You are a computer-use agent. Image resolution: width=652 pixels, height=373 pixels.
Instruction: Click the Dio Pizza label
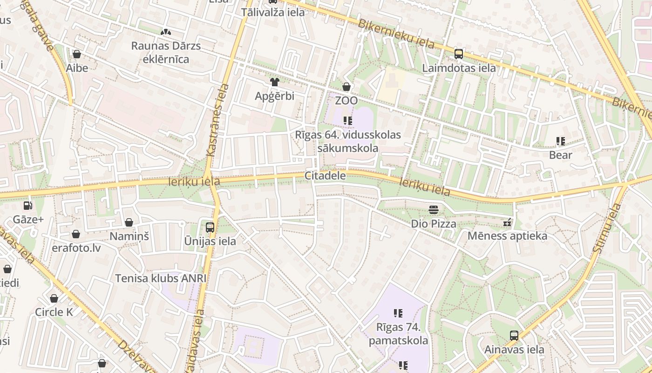coord(433,224)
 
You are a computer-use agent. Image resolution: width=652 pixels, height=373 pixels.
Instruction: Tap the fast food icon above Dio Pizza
coord(434,210)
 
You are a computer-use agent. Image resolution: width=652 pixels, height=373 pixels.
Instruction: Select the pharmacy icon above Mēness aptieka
coord(507,222)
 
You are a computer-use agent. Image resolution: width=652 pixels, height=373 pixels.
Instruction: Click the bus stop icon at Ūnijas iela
coord(210,228)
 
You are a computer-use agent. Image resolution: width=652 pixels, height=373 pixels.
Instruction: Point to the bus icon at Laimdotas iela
coord(459,54)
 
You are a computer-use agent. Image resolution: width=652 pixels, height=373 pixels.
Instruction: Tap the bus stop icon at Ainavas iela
coord(514,336)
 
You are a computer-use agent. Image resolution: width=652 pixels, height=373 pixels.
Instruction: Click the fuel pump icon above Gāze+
coord(28,205)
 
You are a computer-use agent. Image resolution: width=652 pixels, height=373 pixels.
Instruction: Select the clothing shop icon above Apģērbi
coord(274,82)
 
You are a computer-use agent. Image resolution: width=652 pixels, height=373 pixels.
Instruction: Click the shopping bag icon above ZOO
coord(346,87)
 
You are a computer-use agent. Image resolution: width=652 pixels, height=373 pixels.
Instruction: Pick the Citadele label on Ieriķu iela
coord(325,176)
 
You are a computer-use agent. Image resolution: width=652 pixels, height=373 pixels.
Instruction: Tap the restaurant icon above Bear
coord(560,141)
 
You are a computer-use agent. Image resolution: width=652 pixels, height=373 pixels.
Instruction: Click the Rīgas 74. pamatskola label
coord(398,333)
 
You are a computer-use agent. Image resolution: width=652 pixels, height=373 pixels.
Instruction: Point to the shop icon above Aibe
coord(77,54)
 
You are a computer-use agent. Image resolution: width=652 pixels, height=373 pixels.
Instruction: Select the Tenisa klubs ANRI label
coord(161,278)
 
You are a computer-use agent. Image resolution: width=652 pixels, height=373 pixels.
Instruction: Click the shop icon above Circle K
coord(54,298)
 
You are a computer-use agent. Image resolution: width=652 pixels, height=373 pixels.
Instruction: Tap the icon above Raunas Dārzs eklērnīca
coord(165,32)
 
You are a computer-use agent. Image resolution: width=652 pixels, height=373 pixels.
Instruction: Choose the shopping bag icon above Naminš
coord(129,222)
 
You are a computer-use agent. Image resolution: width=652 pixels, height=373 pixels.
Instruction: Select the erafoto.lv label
coord(76,248)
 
